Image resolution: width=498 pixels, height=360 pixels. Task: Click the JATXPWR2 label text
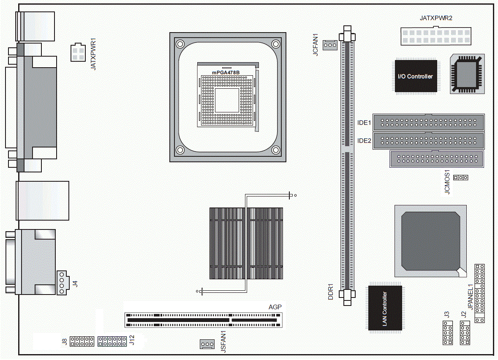click(x=435, y=18)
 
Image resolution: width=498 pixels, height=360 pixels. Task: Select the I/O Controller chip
click(x=416, y=76)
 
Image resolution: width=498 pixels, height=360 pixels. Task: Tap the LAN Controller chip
click(x=385, y=308)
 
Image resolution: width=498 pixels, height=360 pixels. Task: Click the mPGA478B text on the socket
click(x=226, y=73)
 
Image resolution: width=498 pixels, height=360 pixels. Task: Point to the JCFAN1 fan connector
click(x=329, y=44)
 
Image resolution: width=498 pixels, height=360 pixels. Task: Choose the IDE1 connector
click(x=428, y=123)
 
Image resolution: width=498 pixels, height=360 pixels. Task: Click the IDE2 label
click(x=364, y=141)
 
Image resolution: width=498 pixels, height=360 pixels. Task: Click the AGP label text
click(x=275, y=307)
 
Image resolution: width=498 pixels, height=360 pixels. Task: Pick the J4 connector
click(x=62, y=283)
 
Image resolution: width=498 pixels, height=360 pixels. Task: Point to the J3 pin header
click(x=447, y=333)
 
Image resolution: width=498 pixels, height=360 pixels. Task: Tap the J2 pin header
click(x=465, y=333)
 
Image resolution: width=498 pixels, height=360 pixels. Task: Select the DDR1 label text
click(x=332, y=292)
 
